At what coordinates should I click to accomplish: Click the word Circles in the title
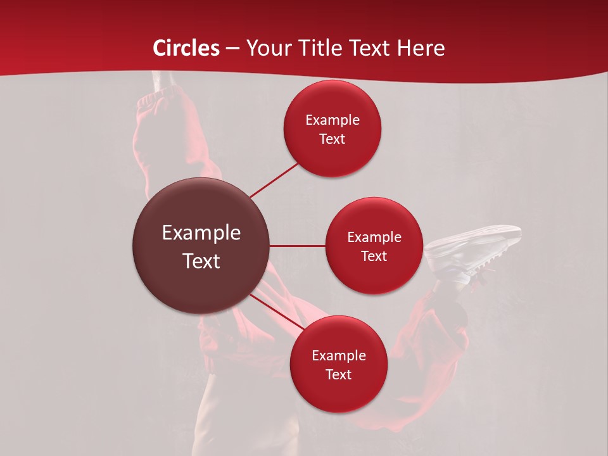pos(186,48)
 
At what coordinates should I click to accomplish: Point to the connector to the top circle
pos(274,180)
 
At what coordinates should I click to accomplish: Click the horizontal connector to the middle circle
pos(298,246)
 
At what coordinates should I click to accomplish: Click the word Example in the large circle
pos(201,233)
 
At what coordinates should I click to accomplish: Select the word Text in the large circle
pos(201,261)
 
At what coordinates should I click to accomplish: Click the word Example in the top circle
pos(332,120)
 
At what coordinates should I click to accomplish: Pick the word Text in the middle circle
pos(374,256)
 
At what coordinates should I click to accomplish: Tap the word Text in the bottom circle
pos(338,375)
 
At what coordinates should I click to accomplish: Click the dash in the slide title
pos(232,48)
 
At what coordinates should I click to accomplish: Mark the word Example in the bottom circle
pos(338,356)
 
